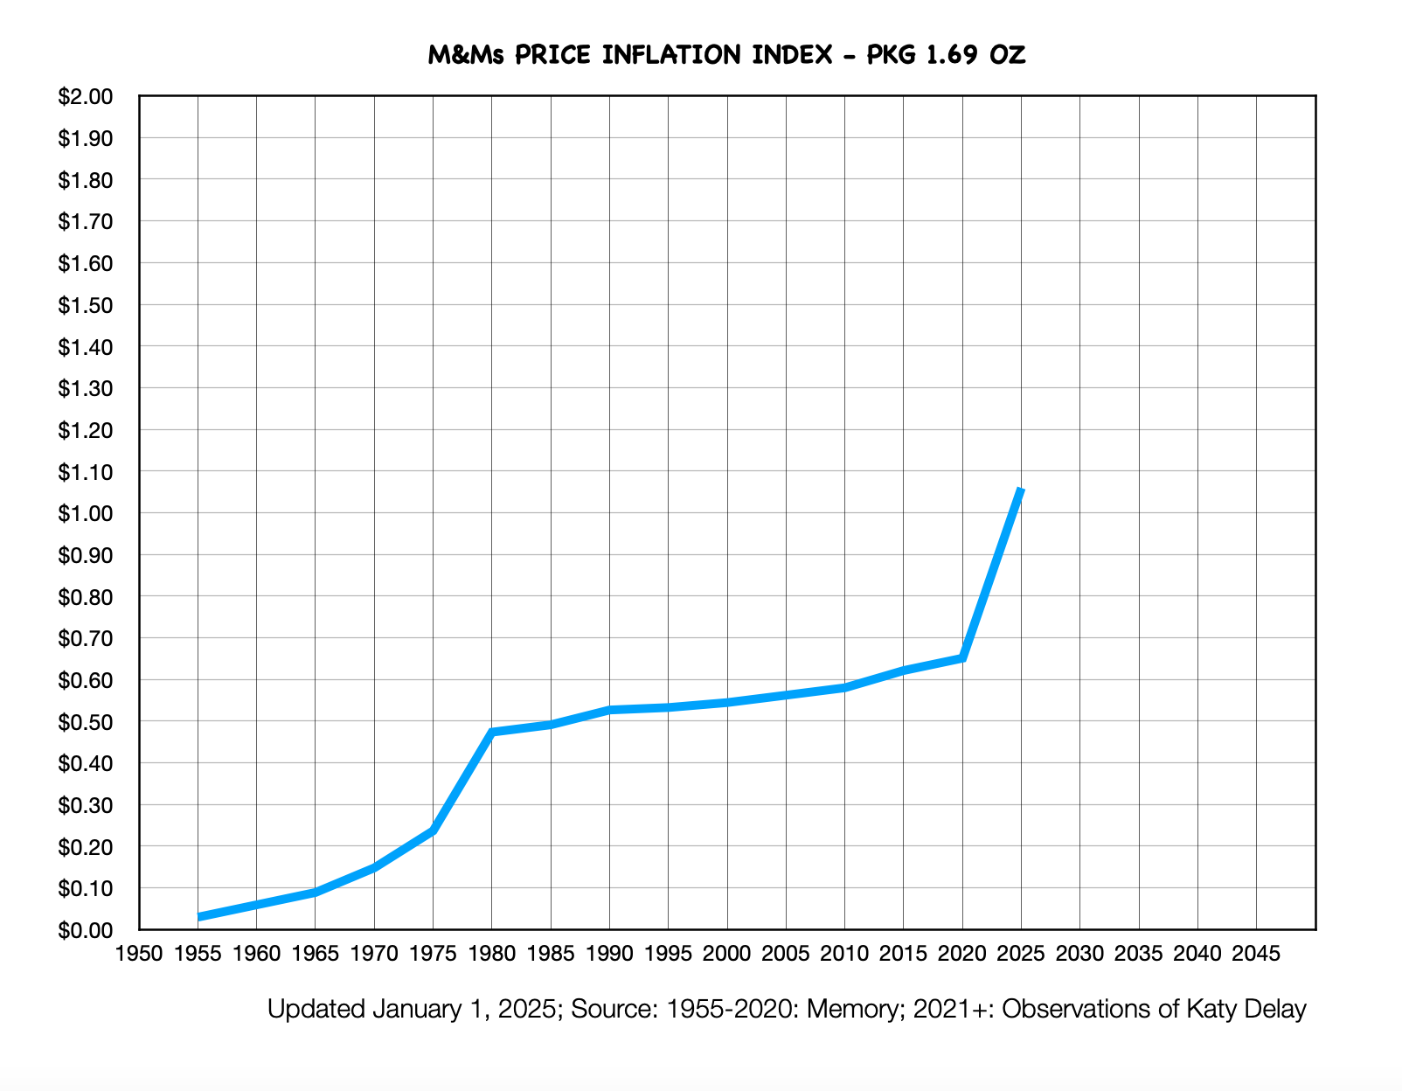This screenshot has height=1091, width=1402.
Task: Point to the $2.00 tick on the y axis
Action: [86, 96]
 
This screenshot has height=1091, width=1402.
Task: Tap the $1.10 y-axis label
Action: [86, 472]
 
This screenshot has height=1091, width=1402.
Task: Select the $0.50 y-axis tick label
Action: [86, 722]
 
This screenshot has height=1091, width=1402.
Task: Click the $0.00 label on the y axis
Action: [86, 930]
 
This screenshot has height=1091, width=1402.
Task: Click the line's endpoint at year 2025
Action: [1021, 490]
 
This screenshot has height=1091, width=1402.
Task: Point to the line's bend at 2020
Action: [962, 657]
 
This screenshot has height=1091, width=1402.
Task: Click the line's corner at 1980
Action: [492, 732]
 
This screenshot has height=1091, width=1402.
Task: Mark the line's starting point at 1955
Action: [199, 917]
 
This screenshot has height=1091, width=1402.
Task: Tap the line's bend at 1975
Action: [434, 830]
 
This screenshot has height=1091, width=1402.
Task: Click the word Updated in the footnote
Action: [316, 1010]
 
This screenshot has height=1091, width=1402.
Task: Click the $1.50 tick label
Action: [86, 305]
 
